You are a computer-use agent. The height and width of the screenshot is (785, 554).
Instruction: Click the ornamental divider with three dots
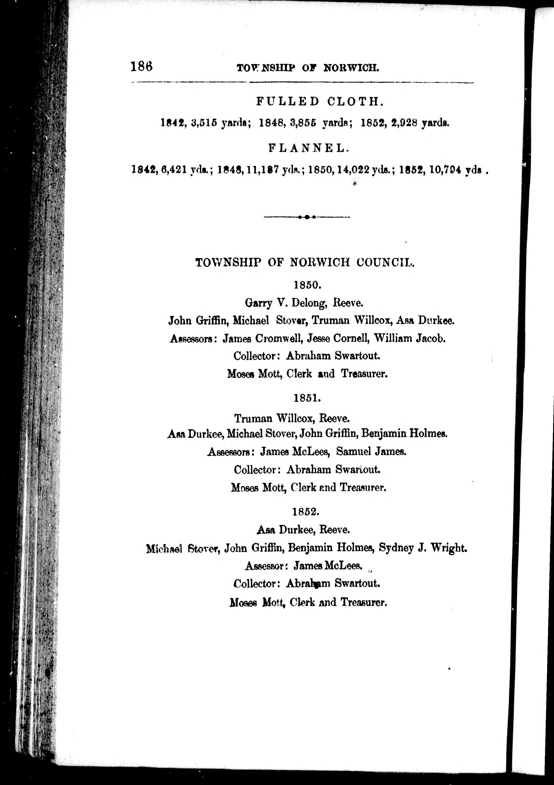point(307,217)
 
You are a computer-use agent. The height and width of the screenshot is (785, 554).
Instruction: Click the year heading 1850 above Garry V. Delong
point(307,285)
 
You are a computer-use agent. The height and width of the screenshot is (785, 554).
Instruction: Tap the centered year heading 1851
point(307,398)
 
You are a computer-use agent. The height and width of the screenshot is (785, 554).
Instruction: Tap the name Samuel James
point(371,452)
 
